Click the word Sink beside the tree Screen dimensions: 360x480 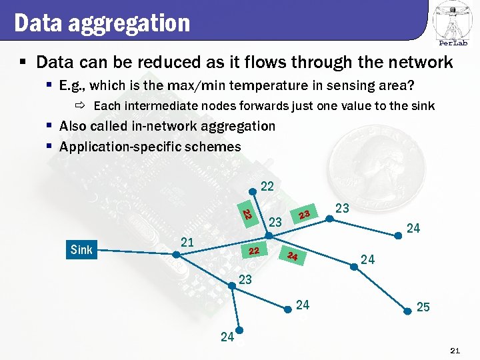point(81,251)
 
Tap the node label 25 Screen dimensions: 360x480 point(423,307)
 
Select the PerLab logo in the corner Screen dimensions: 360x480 point(453,24)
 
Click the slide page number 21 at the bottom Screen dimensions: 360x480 point(456,351)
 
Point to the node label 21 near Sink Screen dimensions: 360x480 point(187,242)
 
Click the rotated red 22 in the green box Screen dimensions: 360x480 point(246,215)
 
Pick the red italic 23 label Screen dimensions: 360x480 point(305,215)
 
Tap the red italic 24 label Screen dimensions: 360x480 point(293,256)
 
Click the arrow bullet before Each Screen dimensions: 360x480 point(80,106)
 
